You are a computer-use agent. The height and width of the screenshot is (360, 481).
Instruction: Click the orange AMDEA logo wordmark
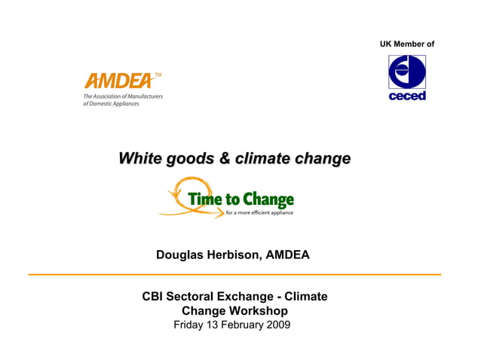tap(119, 81)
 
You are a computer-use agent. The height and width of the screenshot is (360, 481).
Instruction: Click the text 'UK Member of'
tap(407, 44)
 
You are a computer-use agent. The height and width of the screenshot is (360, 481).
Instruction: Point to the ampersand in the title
tap(225, 159)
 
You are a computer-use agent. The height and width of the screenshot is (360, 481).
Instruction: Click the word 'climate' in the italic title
tap(263, 159)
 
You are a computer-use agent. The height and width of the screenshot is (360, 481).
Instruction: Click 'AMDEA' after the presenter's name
tap(289, 255)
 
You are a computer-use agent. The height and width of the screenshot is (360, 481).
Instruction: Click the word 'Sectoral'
tap(195, 297)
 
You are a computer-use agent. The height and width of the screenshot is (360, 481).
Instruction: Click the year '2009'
tap(277, 325)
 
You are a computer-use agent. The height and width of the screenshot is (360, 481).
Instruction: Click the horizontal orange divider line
tap(234, 275)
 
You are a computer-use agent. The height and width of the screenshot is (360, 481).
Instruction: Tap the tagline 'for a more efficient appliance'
tap(259, 213)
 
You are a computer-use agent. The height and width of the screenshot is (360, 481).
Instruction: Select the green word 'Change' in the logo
tap(269, 200)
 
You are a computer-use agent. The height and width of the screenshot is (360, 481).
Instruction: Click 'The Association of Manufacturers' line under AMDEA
tap(123, 96)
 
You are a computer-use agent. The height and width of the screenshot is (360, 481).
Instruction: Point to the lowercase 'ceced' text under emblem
tap(407, 96)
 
